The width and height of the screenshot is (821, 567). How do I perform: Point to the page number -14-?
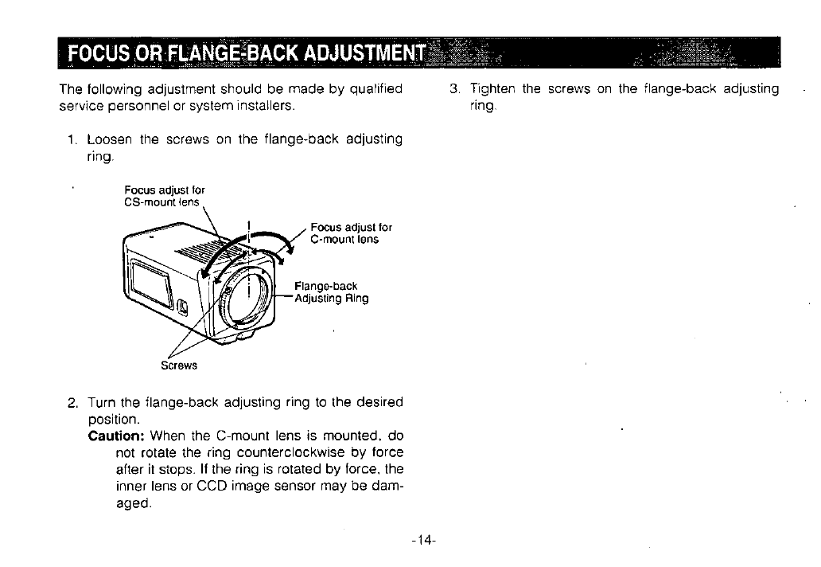click(x=424, y=540)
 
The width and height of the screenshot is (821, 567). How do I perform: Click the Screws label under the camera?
click(x=178, y=366)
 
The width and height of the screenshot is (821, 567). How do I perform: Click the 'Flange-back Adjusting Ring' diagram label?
click(x=331, y=292)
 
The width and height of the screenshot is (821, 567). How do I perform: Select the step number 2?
click(x=72, y=401)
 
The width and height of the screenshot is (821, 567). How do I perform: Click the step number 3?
click(x=453, y=89)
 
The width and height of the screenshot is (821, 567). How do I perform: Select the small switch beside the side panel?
click(x=184, y=305)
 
